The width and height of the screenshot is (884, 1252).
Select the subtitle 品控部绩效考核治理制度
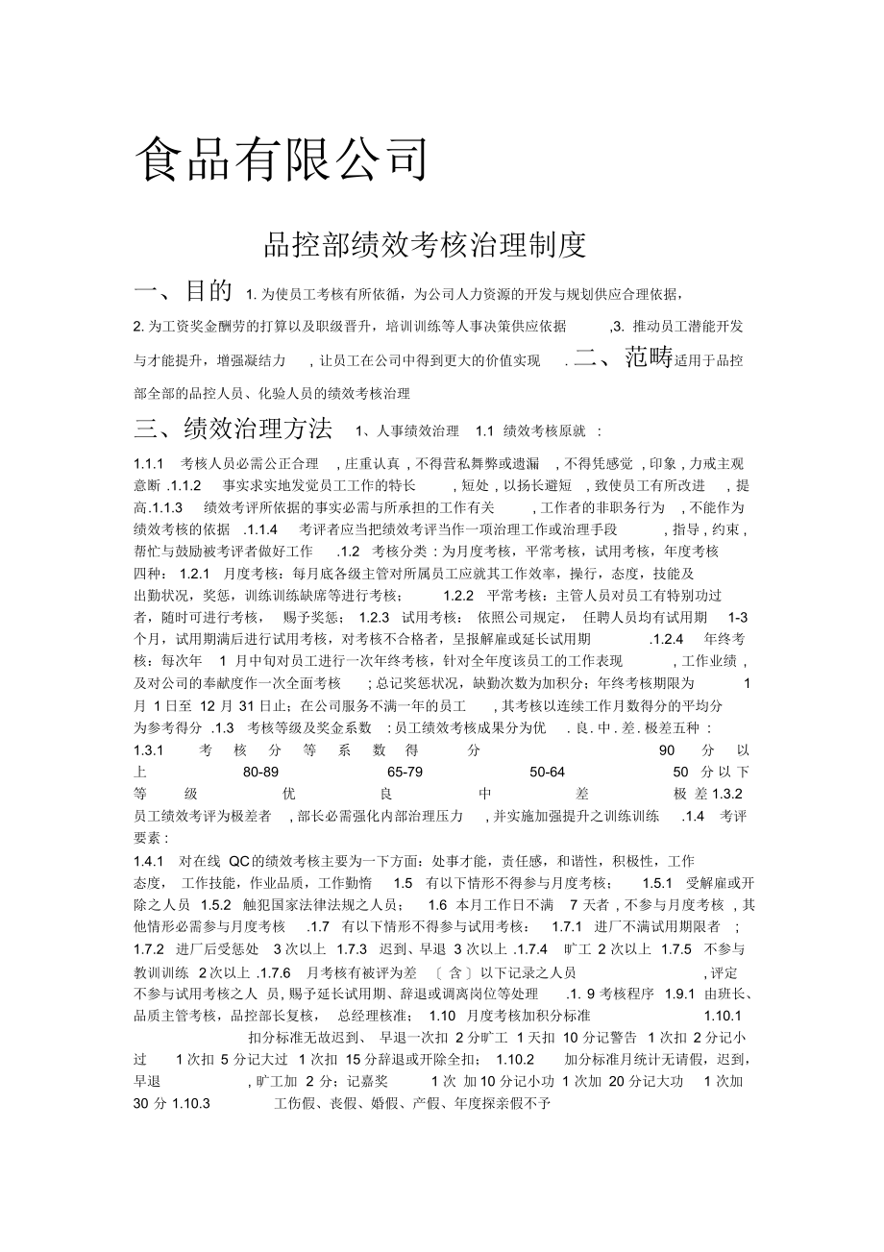pyautogui.click(x=425, y=245)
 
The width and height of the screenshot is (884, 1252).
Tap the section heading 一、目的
pyautogui.click(x=184, y=291)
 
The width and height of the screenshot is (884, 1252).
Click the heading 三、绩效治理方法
pyautogui.click(x=233, y=427)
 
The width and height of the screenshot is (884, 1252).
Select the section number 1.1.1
pyautogui.click(x=150, y=463)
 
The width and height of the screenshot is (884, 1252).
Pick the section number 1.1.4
pyautogui.click(x=260, y=528)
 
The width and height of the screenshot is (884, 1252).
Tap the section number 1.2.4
pyautogui.click(x=667, y=638)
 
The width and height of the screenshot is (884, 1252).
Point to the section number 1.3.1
pyautogui.click(x=150, y=749)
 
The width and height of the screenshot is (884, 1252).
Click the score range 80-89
pyautogui.click(x=261, y=772)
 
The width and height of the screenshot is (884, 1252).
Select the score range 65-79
pyautogui.click(x=405, y=772)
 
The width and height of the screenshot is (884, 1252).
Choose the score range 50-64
pyautogui.click(x=547, y=772)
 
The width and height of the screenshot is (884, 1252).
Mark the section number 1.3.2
pyautogui.click(x=728, y=794)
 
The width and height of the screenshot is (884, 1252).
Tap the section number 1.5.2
pyautogui.click(x=216, y=905)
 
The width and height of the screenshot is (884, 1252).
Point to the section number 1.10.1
pyautogui.click(x=724, y=1015)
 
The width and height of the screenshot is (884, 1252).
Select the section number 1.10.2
pyautogui.click(x=515, y=1059)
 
